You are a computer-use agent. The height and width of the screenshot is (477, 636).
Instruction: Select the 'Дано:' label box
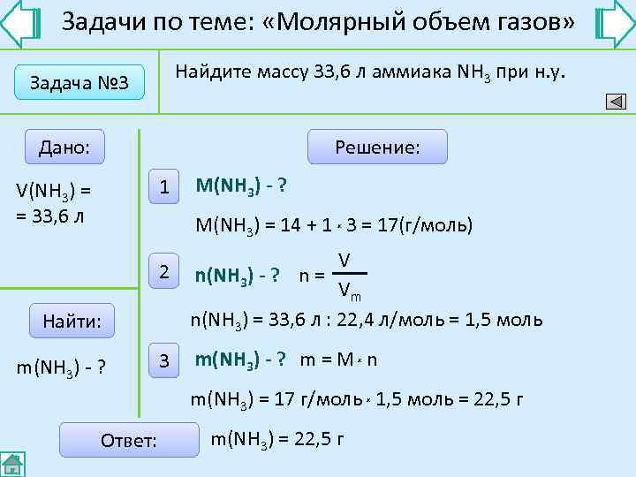64,147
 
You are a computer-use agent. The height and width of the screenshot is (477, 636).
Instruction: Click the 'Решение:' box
377,147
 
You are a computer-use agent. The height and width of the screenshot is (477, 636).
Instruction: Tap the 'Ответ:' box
129,440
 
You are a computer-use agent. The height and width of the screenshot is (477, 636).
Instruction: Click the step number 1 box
163,186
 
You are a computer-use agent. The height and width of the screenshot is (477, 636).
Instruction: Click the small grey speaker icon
615,102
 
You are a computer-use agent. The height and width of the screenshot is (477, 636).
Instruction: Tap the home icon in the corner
12,464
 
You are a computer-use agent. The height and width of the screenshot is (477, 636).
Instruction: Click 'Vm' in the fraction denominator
348,290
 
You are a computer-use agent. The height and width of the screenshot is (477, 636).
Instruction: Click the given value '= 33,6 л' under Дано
50,214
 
